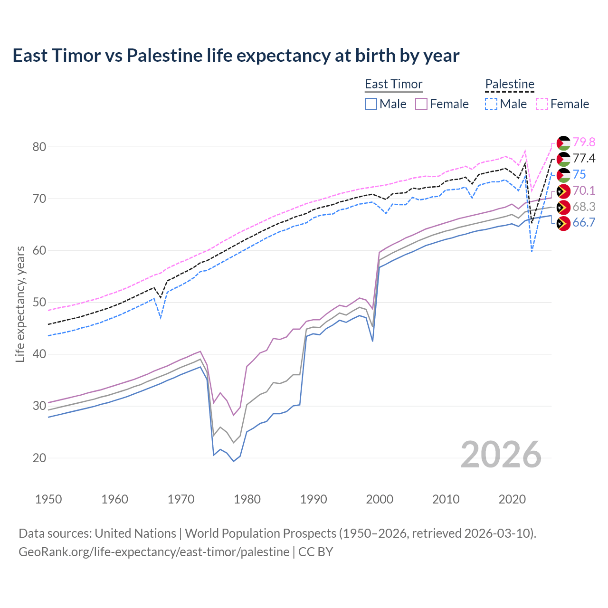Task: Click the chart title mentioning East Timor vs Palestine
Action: pyautogui.click(x=236, y=56)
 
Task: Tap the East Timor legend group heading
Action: pyautogui.click(x=393, y=84)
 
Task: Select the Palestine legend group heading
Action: pyautogui.click(x=510, y=84)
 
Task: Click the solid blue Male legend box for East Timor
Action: pyautogui.click(x=371, y=104)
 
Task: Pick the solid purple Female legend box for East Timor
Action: pyautogui.click(x=421, y=104)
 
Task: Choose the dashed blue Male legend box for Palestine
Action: pyautogui.click(x=491, y=104)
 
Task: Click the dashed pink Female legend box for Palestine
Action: pyautogui.click(x=542, y=104)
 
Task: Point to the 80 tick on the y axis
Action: pyautogui.click(x=39, y=147)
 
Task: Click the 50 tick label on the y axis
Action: pyautogui.click(x=39, y=303)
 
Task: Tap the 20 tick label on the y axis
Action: pyautogui.click(x=39, y=458)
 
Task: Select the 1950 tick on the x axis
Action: pyautogui.click(x=48, y=499)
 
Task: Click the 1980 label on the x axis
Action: pyautogui.click(x=247, y=499)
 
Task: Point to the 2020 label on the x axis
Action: pyautogui.click(x=512, y=499)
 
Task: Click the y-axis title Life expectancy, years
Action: pyautogui.click(x=20, y=304)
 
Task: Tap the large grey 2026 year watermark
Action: pyautogui.click(x=501, y=455)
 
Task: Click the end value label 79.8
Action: pyautogui.click(x=584, y=142)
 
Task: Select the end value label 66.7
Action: pyautogui.click(x=584, y=223)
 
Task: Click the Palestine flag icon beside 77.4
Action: pyautogui.click(x=563, y=159)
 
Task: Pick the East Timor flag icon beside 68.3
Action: pyautogui.click(x=563, y=207)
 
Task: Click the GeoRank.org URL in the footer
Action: pyautogui.click(x=154, y=552)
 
